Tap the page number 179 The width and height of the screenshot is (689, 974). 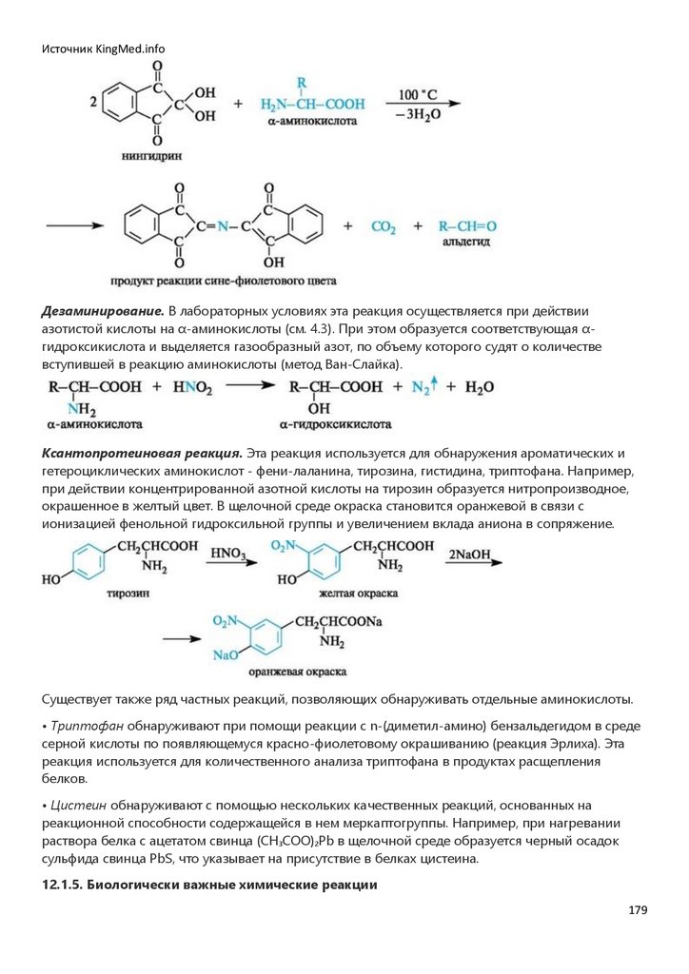pyautogui.click(x=637, y=910)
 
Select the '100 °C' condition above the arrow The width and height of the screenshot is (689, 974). pyautogui.click(x=418, y=94)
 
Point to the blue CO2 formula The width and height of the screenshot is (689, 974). pyautogui.click(x=383, y=228)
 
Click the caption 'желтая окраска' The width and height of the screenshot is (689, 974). pyautogui.click(x=364, y=592)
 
